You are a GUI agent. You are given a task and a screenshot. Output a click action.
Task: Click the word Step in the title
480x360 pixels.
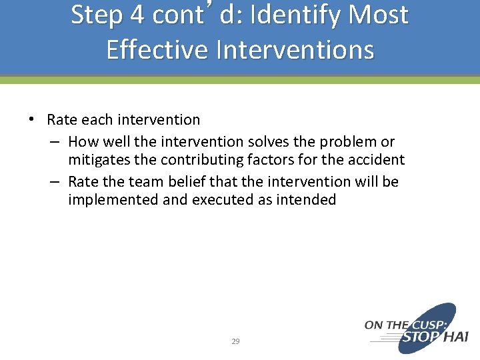click(x=97, y=16)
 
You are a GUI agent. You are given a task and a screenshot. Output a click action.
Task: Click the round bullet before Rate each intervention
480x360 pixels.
click(x=31, y=119)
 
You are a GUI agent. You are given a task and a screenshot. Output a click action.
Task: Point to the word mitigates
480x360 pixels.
click(x=100, y=160)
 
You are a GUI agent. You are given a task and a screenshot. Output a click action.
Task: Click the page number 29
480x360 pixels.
click(x=235, y=341)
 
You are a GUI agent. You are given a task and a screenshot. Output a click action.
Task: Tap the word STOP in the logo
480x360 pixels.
click(x=420, y=337)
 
